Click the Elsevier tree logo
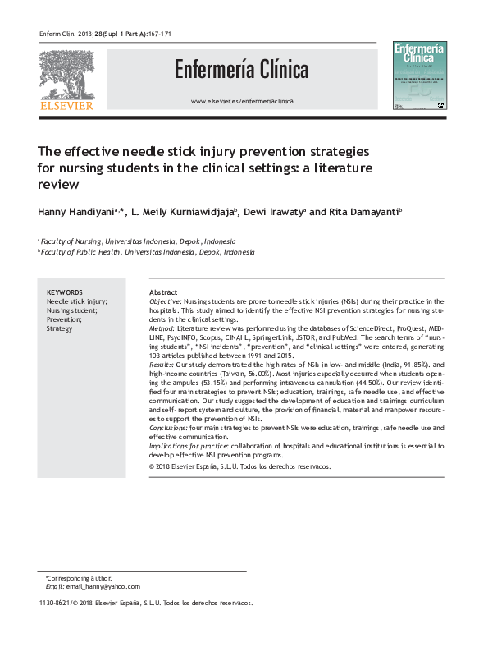point(65,71)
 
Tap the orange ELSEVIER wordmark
point(65,104)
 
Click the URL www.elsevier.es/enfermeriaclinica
point(241,101)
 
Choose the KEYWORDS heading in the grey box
point(65,292)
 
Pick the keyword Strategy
point(60,328)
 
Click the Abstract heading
point(164,293)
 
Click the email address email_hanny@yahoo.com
point(103,586)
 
